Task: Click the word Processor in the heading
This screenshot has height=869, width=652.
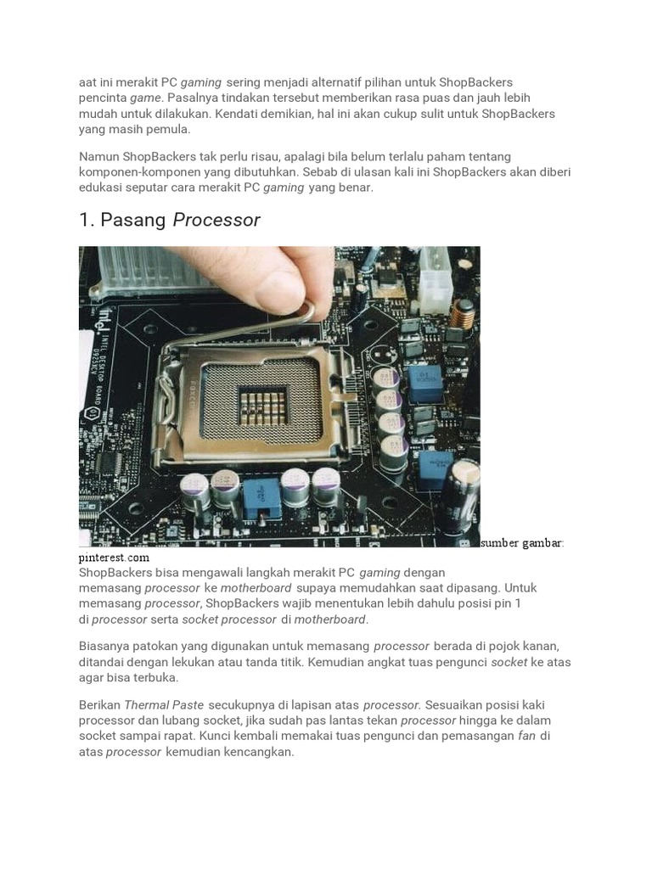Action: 216,221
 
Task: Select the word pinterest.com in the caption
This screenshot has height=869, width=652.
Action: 114,558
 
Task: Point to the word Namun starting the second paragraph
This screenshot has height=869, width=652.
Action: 98,157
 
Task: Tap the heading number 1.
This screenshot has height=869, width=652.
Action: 86,221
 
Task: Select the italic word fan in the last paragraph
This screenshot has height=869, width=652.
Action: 526,736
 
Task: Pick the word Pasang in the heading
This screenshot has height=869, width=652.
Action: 134,221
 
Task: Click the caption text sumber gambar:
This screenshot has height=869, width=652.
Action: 521,543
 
